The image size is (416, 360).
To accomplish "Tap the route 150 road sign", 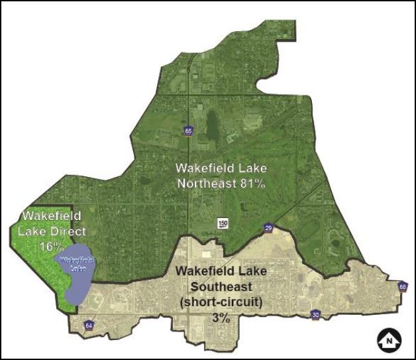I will (223, 223).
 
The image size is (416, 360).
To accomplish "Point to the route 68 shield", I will (403, 286).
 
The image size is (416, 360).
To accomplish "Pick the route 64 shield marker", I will (89, 326).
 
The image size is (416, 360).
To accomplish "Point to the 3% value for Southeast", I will (221, 318).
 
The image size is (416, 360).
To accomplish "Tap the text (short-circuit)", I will (221, 302).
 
